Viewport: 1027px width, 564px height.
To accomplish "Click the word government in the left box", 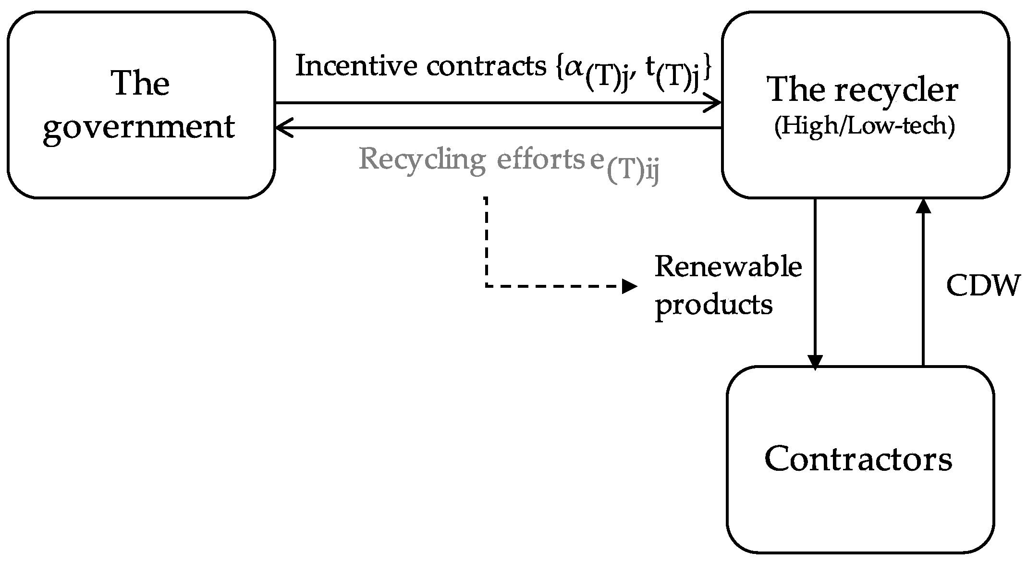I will click(x=139, y=128).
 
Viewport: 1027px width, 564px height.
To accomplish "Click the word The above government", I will click(x=140, y=84).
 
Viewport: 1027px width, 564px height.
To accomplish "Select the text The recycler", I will click(x=863, y=90).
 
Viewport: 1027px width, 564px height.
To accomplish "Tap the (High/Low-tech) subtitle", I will click(x=864, y=127).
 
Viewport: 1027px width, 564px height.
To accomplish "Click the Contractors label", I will click(x=858, y=459).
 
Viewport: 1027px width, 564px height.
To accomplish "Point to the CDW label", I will click(x=983, y=286).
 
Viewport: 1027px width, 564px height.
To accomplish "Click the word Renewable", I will click(x=728, y=267).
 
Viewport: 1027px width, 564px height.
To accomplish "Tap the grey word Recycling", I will click(x=422, y=159).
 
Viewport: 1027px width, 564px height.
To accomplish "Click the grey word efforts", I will click(x=540, y=159).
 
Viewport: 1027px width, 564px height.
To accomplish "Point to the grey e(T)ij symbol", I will click(x=624, y=166).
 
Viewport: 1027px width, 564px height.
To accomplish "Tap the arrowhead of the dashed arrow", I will click(x=630, y=286).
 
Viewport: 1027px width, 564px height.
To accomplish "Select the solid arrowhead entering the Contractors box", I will click(x=815, y=362).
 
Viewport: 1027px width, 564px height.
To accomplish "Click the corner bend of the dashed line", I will click(x=487, y=286).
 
